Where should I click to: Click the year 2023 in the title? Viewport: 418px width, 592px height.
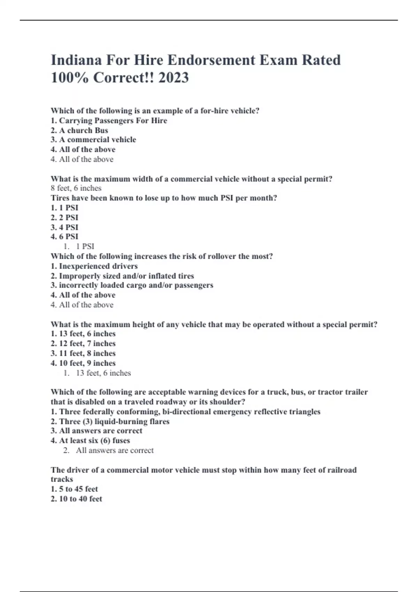173,77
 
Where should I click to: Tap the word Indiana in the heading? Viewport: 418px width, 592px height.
76,60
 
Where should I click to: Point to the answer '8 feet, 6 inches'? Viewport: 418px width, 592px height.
76,188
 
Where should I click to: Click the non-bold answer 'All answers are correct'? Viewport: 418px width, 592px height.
115,450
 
